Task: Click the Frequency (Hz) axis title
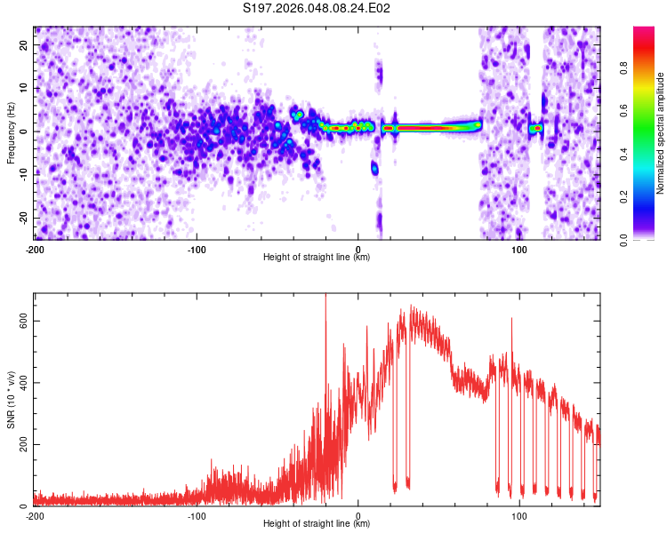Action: (11, 131)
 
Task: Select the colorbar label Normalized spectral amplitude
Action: (661, 133)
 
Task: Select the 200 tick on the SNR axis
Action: (20, 444)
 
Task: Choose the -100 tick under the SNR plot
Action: (197, 516)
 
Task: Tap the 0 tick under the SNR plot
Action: (358, 516)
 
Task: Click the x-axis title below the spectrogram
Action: (317, 258)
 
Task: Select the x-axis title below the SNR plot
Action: (317, 524)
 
